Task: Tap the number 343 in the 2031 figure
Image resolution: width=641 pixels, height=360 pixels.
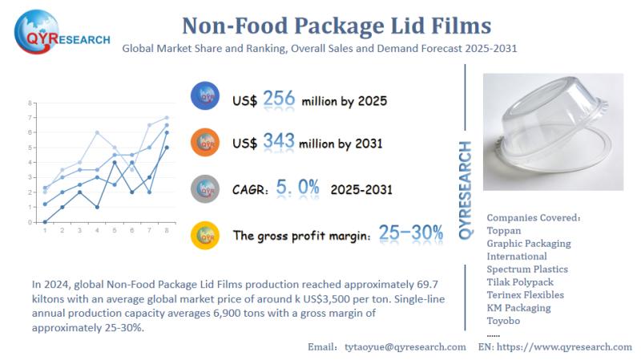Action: (278, 144)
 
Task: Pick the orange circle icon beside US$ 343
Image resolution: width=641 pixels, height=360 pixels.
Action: (206, 144)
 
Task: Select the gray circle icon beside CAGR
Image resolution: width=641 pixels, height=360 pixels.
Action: (206, 189)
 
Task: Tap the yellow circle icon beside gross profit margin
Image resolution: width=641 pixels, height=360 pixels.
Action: (206, 235)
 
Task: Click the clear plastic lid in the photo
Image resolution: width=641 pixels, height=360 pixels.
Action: (554, 128)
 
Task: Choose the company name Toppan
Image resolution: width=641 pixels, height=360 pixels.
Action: (504, 230)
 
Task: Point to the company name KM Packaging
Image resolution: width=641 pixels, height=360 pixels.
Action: (519, 307)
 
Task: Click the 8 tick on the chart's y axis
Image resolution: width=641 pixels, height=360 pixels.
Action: (30, 103)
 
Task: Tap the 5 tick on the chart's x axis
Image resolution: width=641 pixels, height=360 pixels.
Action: (115, 230)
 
